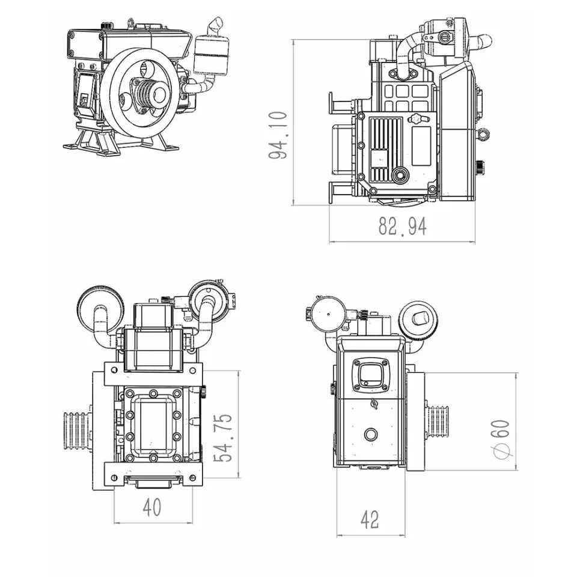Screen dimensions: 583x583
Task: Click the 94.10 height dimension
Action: click(x=278, y=135)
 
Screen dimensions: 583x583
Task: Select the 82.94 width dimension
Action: click(x=403, y=226)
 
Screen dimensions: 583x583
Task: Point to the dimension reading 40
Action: click(x=152, y=507)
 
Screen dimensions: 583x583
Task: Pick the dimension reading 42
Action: click(x=370, y=519)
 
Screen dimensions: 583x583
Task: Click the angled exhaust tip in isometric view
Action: click(x=216, y=26)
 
